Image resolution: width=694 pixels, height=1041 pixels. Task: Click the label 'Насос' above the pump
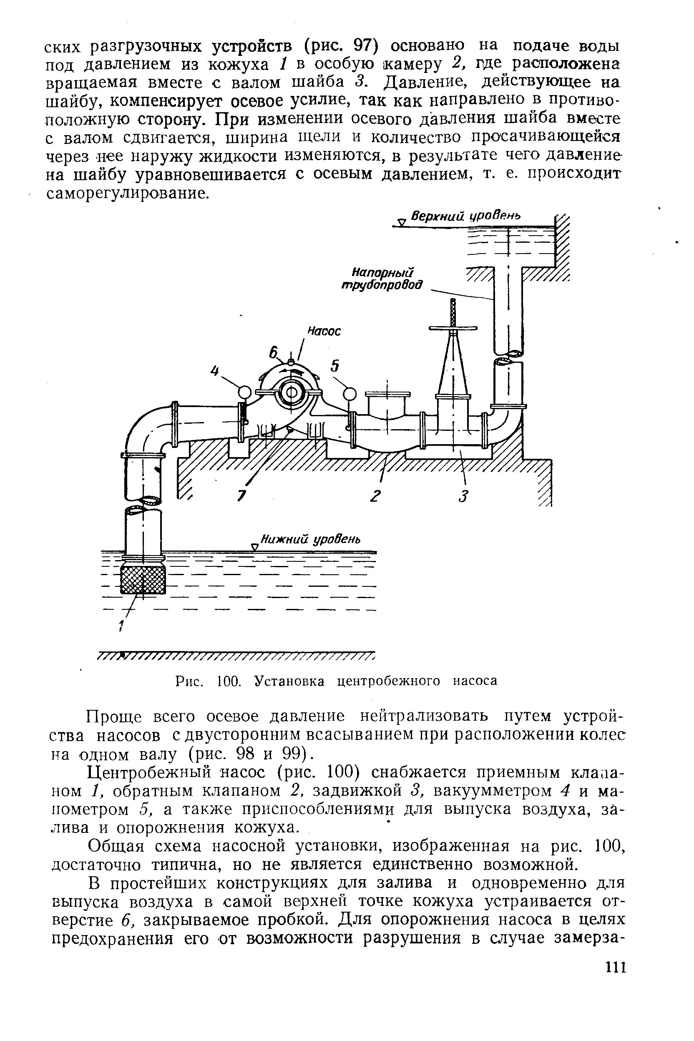coord(324,331)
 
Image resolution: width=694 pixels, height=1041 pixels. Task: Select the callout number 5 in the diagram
coord(335,366)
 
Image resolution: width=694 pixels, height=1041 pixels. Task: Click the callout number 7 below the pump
coord(241,496)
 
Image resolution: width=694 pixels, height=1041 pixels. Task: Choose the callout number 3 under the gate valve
coord(463,497)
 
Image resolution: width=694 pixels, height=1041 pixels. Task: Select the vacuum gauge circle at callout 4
coord(244,392)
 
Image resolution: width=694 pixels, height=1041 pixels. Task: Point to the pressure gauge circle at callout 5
coord(350,392)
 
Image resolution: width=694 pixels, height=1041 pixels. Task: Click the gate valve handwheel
coord(453,328)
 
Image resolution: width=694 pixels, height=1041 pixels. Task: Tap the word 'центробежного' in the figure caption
coord(389,681)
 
